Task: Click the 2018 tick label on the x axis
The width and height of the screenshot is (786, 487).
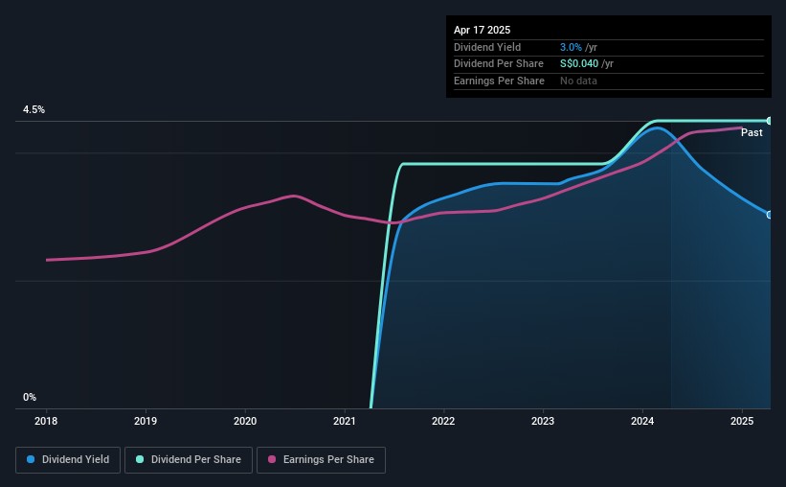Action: [x=46, y=420]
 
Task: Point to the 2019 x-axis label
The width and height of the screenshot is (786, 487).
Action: [x=146, y=420]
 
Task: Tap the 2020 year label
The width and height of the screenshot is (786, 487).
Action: [x=245, y=420]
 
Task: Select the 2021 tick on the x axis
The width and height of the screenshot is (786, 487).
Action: [x=345, y=420]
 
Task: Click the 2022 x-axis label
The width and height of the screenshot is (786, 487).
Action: [x=443, y=420]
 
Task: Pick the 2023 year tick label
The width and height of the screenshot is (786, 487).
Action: [x=543, y=420]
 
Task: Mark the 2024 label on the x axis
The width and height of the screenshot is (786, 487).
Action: [x=642, y=420]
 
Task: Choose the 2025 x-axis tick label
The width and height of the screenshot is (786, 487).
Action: [x=742, y=420]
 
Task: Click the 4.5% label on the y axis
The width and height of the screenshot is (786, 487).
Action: [x=34, y=110]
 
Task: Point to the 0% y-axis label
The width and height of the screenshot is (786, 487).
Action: [x=30, y=397]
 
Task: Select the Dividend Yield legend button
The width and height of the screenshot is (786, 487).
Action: [x=68, y=460]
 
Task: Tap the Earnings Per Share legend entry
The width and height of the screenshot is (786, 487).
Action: [x=322, y=460]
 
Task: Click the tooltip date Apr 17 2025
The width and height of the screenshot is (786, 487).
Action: [x=482, y=30]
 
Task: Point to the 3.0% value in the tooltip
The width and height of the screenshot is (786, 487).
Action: [x=572, y=47]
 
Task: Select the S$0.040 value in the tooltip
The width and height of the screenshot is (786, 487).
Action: [x=580, y=64]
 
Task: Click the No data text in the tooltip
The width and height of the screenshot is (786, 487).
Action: [x=579, y=81]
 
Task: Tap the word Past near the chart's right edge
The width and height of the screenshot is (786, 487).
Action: [x=752, y=132]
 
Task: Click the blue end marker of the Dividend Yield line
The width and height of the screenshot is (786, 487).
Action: [x=769, y=214]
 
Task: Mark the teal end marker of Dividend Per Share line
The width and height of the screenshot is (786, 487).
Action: [x=769, y=121]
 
